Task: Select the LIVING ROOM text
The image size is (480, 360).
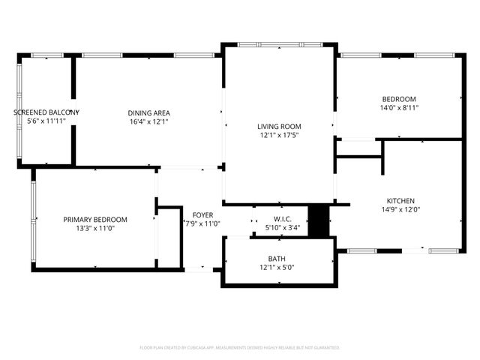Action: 280,126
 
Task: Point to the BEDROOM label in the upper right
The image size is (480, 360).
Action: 399,99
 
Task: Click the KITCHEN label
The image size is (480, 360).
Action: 400,201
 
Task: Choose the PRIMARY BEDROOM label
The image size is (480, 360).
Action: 94,220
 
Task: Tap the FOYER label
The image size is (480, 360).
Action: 202,214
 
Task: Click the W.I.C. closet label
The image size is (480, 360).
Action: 282,219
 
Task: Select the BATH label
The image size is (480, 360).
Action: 278,258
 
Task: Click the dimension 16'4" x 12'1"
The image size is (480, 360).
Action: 149,121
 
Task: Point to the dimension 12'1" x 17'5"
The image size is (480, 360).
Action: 280,136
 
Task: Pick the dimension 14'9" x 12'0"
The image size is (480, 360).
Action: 400,211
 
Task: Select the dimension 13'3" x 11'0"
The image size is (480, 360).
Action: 94,229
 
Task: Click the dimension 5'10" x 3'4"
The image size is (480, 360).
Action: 282,228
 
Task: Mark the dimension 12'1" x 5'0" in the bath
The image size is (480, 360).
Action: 278,268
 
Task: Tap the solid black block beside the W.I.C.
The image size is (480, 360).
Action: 319,220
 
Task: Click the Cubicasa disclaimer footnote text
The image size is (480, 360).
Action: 240,348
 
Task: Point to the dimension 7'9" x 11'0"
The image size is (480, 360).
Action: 202,223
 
